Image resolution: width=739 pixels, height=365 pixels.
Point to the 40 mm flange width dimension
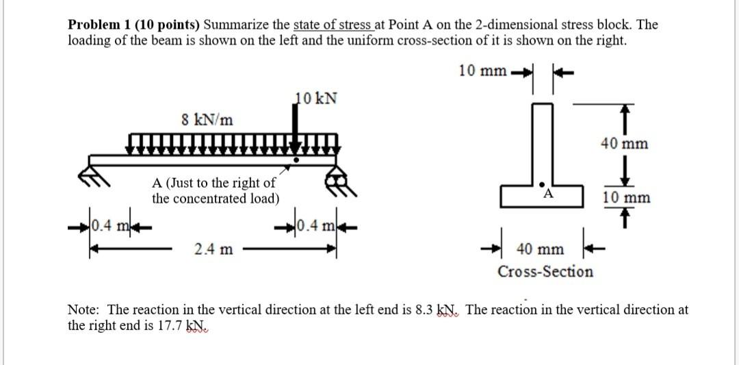pyautogui.click(x=541, y=249)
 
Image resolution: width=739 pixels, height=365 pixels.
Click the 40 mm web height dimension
pyautogui.click(x=625, y=144)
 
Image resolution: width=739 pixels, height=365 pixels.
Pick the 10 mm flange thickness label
pyautogui.click(x=626, y=198)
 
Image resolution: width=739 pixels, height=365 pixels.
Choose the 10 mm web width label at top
pyautogui.click(x=483, y=70)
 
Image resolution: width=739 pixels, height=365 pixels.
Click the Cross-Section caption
pyautogui.click(x=545, y=272)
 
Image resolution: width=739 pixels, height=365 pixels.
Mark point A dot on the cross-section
pyautogui.click(x=542, y=184)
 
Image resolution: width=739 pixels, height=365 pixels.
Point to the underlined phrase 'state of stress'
pyautogui.click(x=333, y=25)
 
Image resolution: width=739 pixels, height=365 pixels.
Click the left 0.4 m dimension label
pyautogui.click(x=107, y=225)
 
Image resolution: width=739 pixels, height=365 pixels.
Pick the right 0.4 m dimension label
pyautogui.click(x=312, y=225)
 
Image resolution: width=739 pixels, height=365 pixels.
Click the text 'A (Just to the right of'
pyautogui.click(x=213, y=183)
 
